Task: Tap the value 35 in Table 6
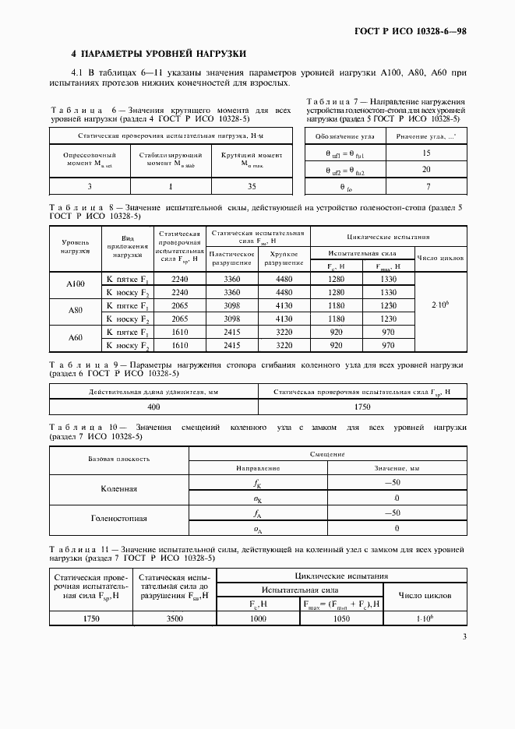[x=252, y=186]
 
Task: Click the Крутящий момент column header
[x=252, y=160]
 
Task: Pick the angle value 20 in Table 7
[x=425, y=170]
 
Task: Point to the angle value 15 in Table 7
[x=425, y=153]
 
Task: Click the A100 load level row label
[x=76, y=285]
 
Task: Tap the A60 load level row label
[x=76, y=338]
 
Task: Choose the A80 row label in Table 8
[x=76, y=312]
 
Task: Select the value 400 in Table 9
[x=153, y=407]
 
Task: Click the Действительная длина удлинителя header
[x=153, y=391]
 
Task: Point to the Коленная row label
[x=119, y=490]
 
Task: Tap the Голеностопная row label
[x=119, y=519]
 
